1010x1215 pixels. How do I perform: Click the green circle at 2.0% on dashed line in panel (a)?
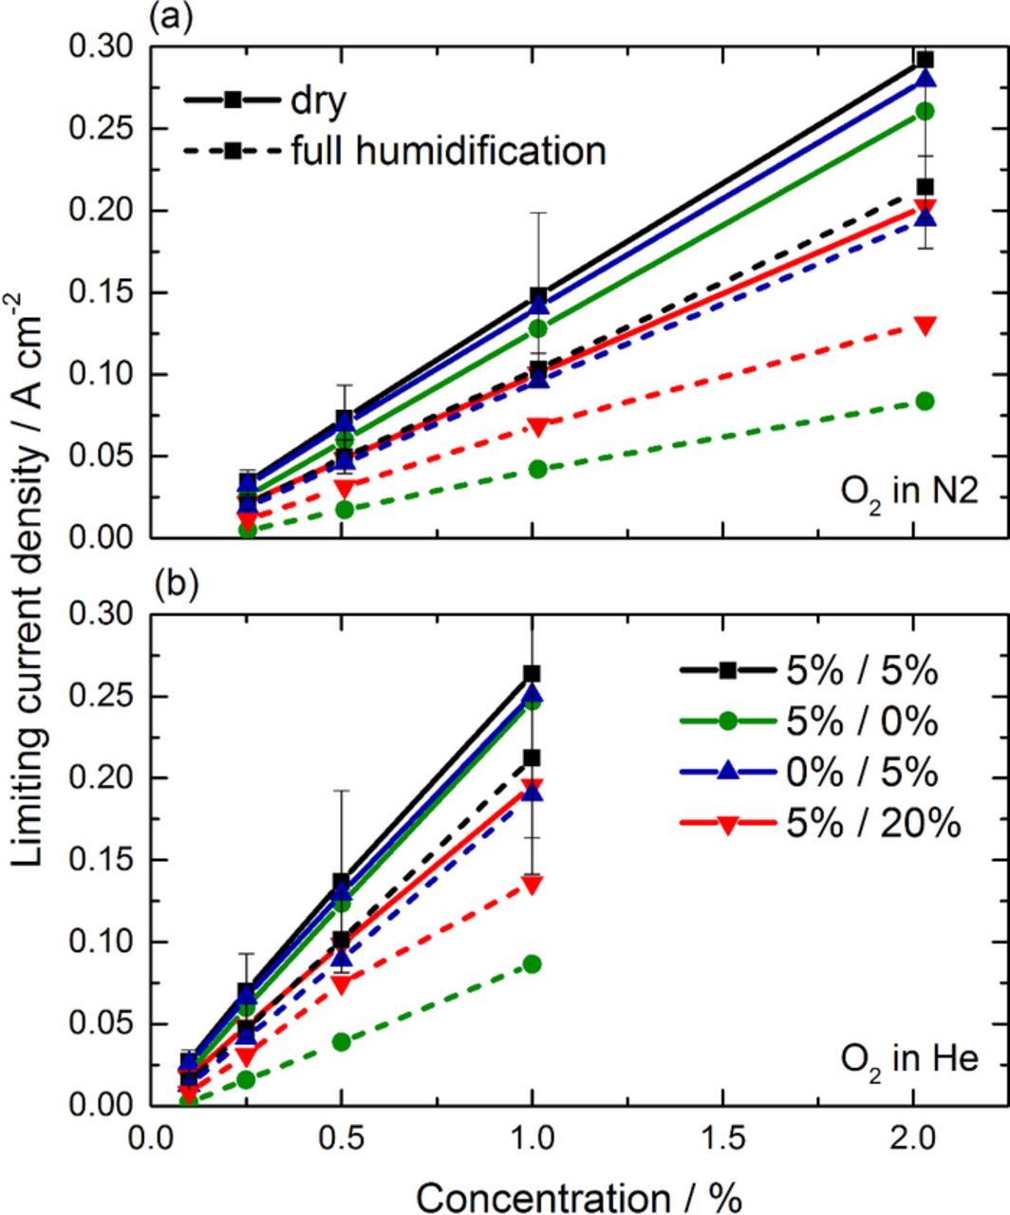925,402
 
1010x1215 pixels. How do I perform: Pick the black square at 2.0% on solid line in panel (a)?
925,60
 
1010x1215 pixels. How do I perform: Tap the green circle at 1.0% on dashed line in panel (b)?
533,964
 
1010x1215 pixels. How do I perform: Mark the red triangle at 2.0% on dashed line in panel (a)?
925,325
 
